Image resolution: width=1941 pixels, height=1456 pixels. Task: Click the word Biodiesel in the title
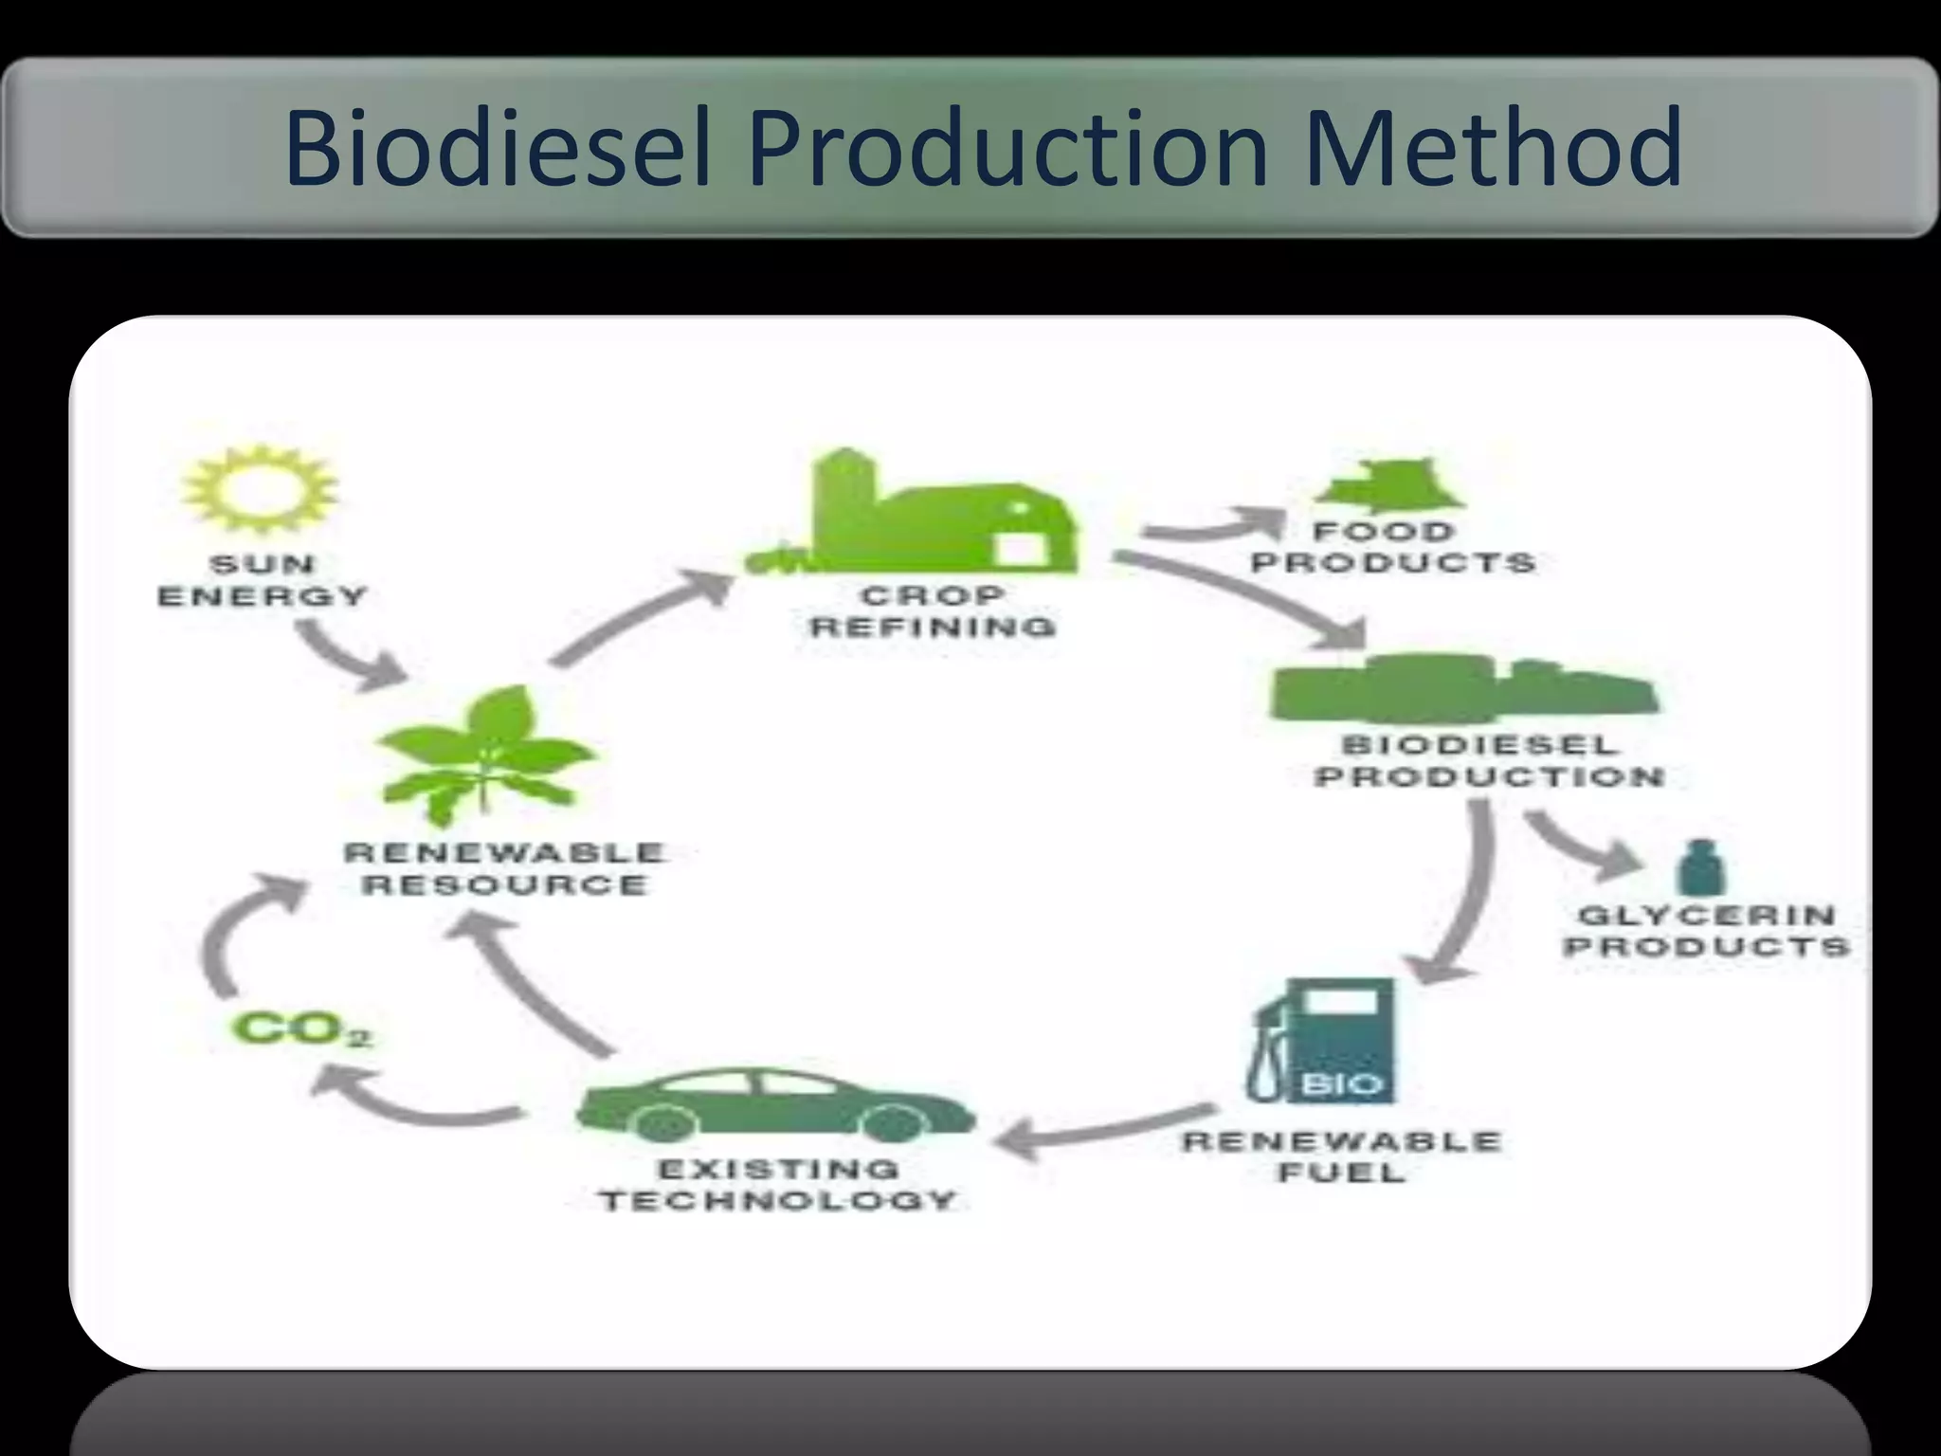pos(497,149)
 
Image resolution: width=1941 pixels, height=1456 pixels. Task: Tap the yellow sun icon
pos(261,492)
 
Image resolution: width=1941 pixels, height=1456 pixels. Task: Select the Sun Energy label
pos(263,580)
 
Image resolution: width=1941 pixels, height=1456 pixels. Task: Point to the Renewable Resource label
pos(504,868)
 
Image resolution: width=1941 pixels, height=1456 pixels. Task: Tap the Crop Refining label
pos(934,611)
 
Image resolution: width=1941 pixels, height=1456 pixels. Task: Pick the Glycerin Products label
pos(1706,930)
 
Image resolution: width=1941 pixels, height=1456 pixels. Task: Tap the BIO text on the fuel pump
pos(1342,1083)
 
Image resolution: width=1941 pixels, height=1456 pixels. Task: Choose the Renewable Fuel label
pos(1342,1156)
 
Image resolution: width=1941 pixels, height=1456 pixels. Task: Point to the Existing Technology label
pos(777,1184)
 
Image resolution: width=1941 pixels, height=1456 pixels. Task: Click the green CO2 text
pos(301,1029)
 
